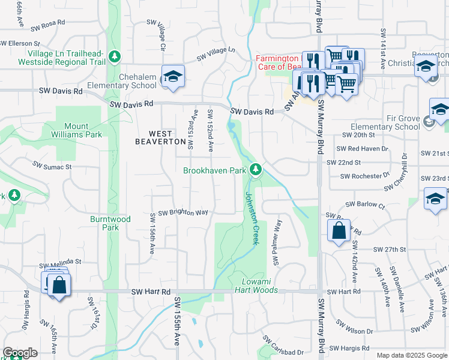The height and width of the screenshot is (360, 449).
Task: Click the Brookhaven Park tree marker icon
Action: coord(256,170)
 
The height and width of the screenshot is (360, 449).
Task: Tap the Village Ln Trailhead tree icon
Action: coord(115,57)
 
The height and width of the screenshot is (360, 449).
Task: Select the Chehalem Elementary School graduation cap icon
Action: coord(172,76)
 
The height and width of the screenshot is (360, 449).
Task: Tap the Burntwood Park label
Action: coord(110,223)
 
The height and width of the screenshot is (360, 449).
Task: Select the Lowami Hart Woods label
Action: coord(259,286)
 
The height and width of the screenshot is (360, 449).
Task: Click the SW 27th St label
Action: coord(390,249)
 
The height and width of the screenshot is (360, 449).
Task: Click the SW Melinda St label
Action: coord(60,263)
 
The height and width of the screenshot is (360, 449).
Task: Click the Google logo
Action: coord(20,353)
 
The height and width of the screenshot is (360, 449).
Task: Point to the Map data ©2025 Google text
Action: coord(412,355)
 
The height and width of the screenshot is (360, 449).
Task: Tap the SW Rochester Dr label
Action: coord(365,176)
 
